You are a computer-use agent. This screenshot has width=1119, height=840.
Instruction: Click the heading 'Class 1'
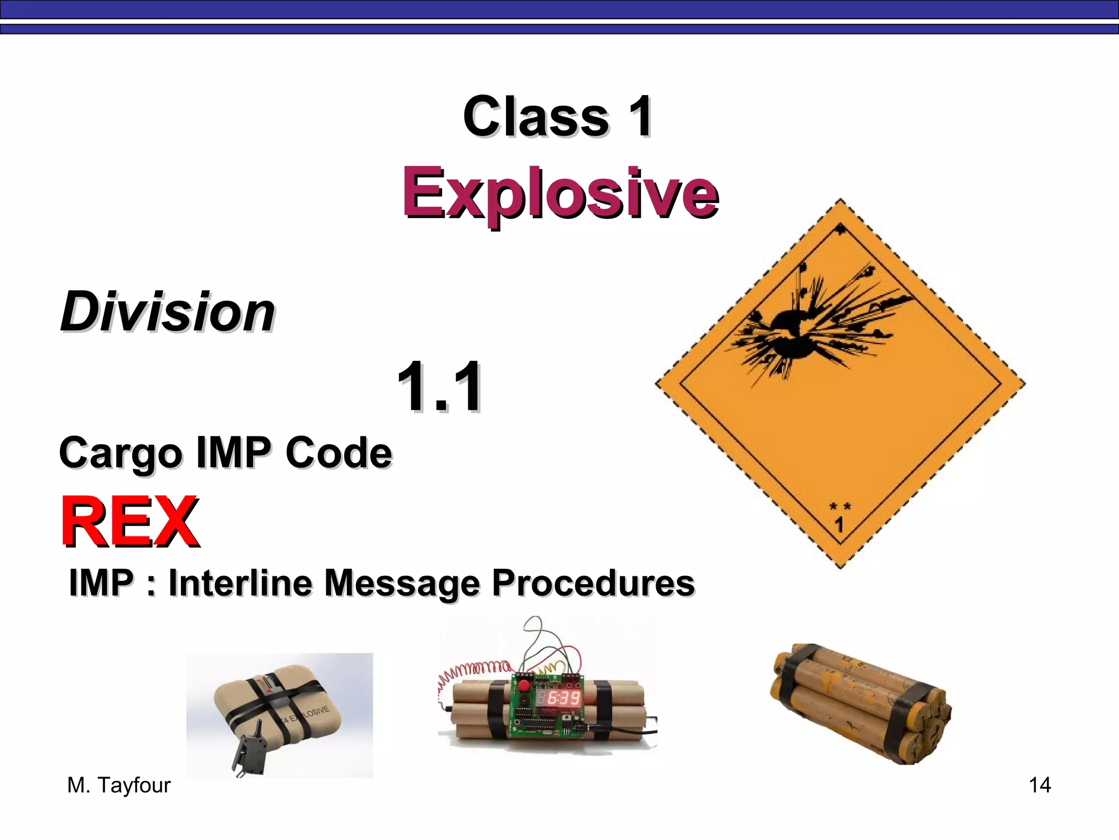(x=557, y=116)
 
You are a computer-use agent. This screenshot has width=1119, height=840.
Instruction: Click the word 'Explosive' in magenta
(x=560, y=194)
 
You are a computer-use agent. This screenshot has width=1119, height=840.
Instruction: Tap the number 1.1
(x=440, y=387)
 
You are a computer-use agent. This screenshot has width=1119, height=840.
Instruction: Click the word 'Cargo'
(x=120, y=454)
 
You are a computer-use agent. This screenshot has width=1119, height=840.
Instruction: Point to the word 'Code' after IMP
(x=338, y=453)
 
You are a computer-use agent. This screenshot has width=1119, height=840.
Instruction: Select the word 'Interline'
(x=240, y=583)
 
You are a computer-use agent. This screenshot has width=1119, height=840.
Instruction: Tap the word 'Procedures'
(x=593, y=583)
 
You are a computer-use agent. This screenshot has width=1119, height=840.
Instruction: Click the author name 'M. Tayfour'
(x=119, y=785)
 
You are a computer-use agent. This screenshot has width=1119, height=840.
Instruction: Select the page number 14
(x=1039, y=785)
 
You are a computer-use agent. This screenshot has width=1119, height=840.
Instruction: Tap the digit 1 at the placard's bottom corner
(x=839, y=525)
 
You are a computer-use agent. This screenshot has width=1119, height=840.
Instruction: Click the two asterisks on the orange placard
(x=840, y=506)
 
